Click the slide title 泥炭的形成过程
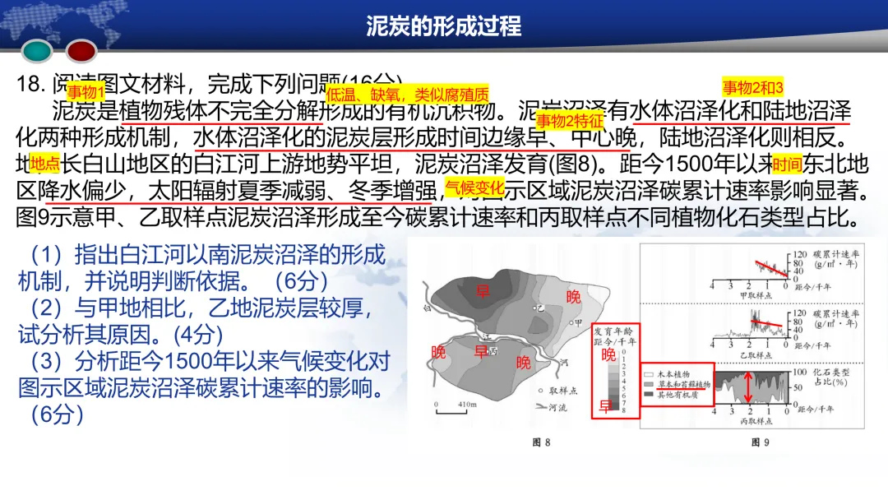click(x=443, y=26)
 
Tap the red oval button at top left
click(x=81, y=52)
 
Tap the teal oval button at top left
click(x=37, y=52)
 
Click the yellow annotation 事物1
click(x=86, y=90)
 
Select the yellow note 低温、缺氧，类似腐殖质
click(x=408, y=93)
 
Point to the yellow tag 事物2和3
click(x=752, y=87)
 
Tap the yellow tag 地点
click(x=44, y=162)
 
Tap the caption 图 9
click(x=761, y=442)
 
